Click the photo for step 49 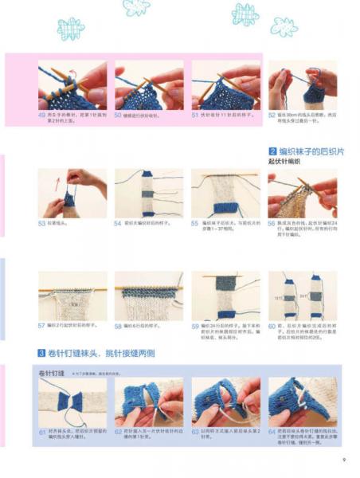pyautogui.click(x=72, y=85)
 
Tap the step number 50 pyautogui.click(x=118, y=116)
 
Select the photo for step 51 pyautogui.click(x=225, y=85)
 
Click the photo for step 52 pyautogui.click(x=302, y=85)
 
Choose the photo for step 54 pyautogui.click(x=149, y=193)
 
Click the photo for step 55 pyautogui.click(x=225, y=193)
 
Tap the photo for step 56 pyautogui.click(x=302, y=193)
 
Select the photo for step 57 pyautogui.click(x=72, y=296)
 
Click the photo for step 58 pyautogui.click(x=149, y=296)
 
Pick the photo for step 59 pyautogui.click(x=225, y=296)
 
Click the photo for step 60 pyautogui.click(x=302, y=296)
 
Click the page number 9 pyautogui.click(x=343, y=458)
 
